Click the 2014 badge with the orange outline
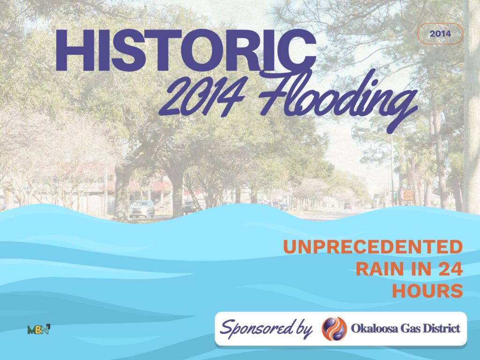click(440, 34)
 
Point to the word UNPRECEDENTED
click(373, 247)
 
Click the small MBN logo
click(39, 329)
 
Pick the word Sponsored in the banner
click(253, 328)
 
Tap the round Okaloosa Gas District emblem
click(334, 328)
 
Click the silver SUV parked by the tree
click(142, 209)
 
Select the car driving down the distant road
click(347, 205)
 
